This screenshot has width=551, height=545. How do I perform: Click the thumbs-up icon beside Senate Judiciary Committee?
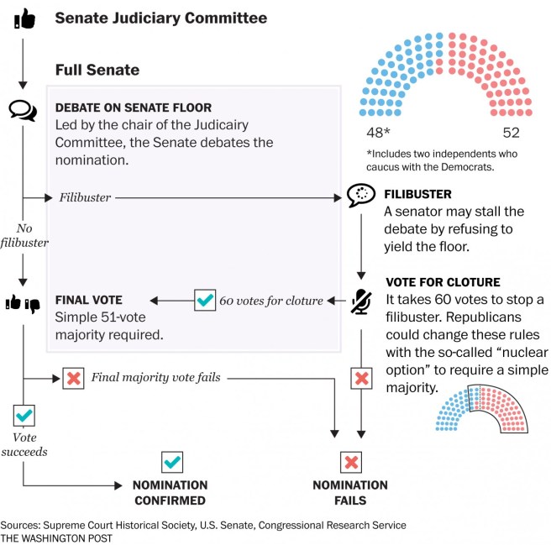click(x=24, y=18)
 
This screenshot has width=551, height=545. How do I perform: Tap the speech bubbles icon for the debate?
click(x=24, y=109)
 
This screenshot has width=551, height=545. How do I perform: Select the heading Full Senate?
click(x=97, y=69)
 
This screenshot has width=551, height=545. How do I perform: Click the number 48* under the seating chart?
click(x=379, y=132)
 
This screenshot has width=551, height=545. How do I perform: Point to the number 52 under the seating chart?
click(x=511, y=132)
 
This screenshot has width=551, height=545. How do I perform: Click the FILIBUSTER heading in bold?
click(x=417, y=194)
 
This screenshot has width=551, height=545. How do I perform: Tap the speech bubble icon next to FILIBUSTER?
click(x=360, y=196)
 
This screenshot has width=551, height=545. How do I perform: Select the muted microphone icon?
click(x=361, y=300)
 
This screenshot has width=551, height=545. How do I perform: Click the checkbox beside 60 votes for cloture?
click(x=204, y=300)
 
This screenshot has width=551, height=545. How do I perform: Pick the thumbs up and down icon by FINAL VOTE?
click(x=24, y=303)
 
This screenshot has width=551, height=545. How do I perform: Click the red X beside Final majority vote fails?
click(x=73, y=378)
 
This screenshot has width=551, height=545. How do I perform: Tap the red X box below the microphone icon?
click(x=361, y=378)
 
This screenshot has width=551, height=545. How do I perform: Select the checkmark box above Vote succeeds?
click(x=24, y=415)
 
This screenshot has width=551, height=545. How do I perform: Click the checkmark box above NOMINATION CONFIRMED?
click(x=171, y=461)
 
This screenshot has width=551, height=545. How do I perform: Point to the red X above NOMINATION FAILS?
click(x=350, y=461)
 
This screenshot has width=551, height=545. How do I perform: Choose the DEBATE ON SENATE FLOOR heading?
click(x=133, y=108)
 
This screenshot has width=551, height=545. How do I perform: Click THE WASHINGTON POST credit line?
click(x=56, y=537)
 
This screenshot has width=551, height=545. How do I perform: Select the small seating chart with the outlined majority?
click(x=481, y=409)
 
